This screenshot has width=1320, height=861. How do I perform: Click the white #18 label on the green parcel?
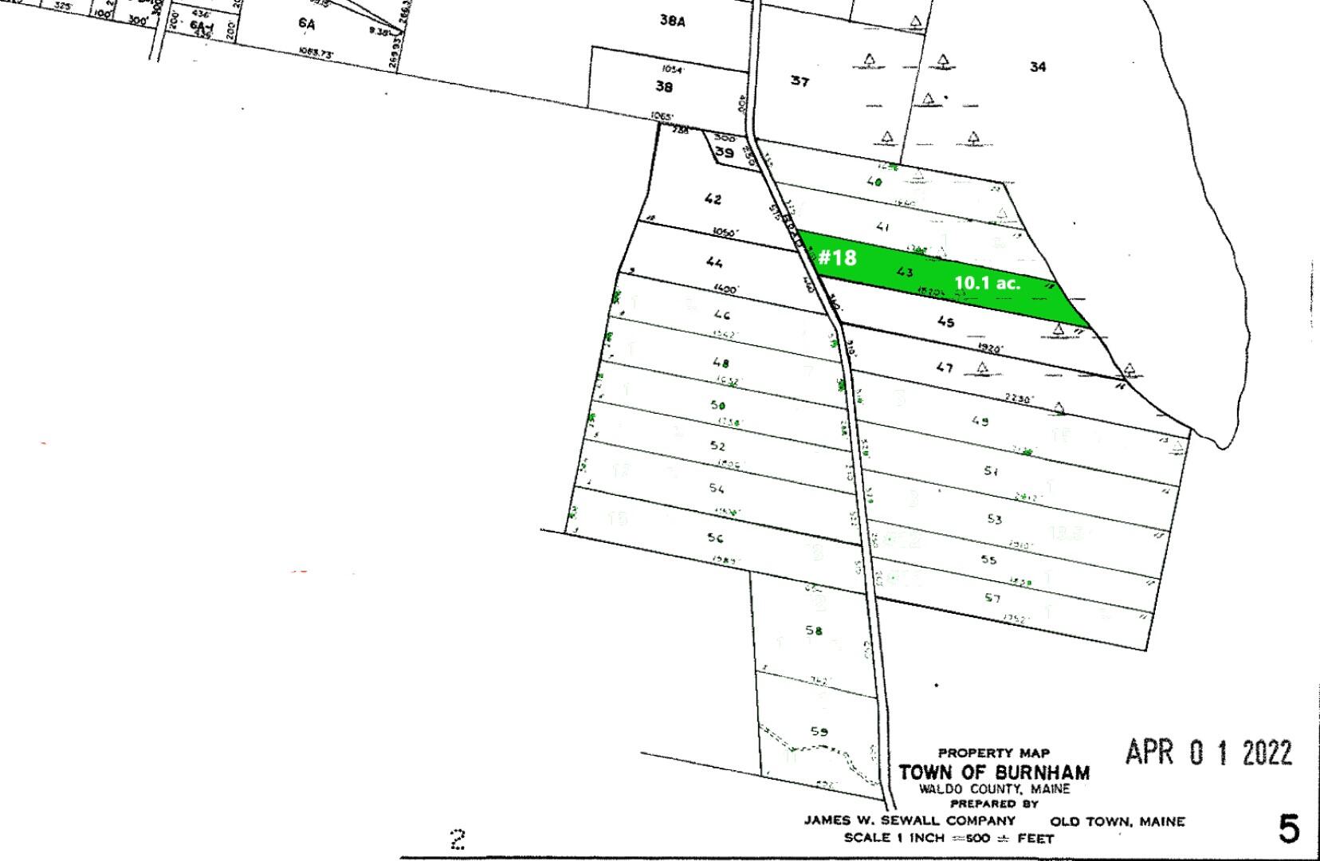(837, 258)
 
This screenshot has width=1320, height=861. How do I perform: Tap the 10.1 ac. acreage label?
(987, 282)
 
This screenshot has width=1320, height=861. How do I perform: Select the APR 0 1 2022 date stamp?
(1208, 753)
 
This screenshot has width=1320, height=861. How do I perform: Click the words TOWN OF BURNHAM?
(994, 773)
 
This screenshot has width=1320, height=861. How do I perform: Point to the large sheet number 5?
(1288, 830)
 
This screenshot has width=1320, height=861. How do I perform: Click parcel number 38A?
(672, 21)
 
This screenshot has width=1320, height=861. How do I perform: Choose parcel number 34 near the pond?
(1037, 67)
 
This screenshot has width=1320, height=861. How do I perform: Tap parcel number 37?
(799, 81)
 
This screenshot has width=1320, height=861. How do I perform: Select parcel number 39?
(724, 152)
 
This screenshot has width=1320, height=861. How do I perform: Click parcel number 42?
(713, 199)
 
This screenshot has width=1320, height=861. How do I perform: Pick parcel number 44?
(714, 262)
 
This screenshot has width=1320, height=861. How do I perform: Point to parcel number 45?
(945, 322)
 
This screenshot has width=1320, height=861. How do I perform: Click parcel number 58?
(813, 631)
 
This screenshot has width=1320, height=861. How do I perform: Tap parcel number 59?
(819, 731)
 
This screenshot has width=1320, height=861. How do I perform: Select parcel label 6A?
(307, 24)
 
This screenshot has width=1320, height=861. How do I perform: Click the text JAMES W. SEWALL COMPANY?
(909, 820)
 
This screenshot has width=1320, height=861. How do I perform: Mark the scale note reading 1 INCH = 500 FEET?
(949, 838)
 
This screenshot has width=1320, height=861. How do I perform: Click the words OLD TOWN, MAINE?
(1118, 821)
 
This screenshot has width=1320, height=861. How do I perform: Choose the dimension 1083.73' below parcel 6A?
(316, 53)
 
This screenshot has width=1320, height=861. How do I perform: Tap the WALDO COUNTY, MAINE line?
(994, 788)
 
